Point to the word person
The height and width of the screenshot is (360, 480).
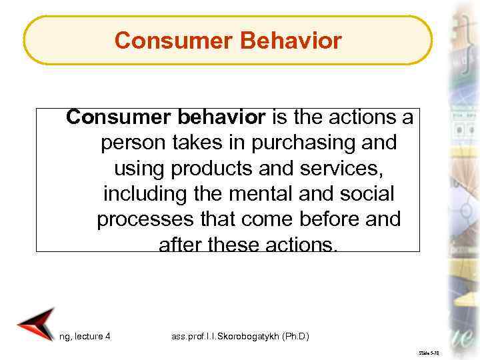132,143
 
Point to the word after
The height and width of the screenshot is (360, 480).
179,245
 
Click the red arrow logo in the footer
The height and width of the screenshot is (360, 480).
35,325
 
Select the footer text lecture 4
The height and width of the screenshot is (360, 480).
92,337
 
